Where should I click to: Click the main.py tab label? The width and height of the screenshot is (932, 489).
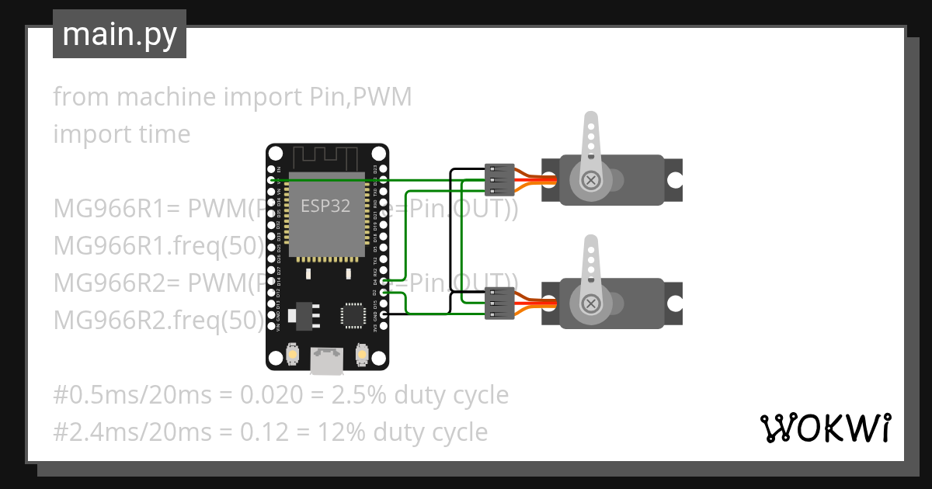click(119, 34)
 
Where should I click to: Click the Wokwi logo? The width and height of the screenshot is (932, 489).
click(824, 428)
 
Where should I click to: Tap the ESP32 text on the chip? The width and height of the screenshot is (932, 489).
click(325, 206)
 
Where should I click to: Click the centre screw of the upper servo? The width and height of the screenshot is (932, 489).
click(592, 180)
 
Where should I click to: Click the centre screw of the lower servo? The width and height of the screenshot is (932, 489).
click(592, 302)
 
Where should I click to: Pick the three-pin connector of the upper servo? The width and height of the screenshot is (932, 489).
click(499, 180)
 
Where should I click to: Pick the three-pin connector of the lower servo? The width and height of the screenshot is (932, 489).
click(499, 302)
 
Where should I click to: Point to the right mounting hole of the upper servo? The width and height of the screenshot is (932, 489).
click(675, 180)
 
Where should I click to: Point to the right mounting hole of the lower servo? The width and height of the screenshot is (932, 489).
click(675, 302)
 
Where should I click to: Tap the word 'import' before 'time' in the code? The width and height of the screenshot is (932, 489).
click(86, 134)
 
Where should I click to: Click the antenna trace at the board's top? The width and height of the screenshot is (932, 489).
click(327, 156)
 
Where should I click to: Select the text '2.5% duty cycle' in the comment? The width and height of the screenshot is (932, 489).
click(420, 395)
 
